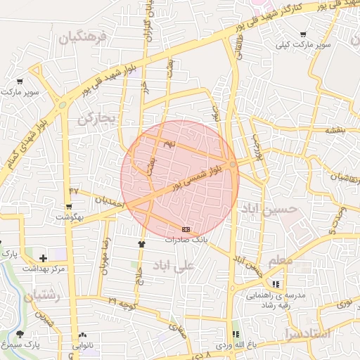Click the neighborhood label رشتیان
(x=41, y=297)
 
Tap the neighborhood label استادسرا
(x=309, y=333)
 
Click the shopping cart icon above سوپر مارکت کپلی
(x=303, y=33)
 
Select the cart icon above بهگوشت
(x=69, y=207)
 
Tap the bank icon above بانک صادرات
(x=186, y=229)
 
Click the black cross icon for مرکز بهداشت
(x=44, y=258)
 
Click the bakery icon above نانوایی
(x=84, y=335)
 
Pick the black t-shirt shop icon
(x=142, y=244)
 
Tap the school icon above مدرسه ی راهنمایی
(x=276, y=285)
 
